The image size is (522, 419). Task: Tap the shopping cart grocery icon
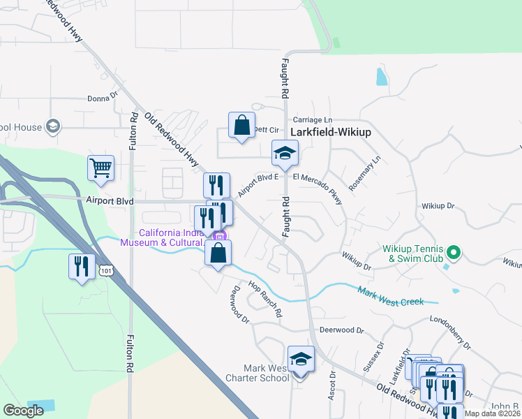tap(100, 168)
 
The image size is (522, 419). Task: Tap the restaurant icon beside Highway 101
tap(82, 267)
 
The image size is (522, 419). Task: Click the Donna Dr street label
tap(103, 99)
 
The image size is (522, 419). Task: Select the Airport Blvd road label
tap(110, 200)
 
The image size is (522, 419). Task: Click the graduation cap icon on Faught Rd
tap(285, 153)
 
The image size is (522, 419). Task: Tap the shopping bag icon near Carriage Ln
tap(241, 126)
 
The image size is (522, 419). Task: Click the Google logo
tap(24, 410)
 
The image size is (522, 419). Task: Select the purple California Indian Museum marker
tap(219, 237)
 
